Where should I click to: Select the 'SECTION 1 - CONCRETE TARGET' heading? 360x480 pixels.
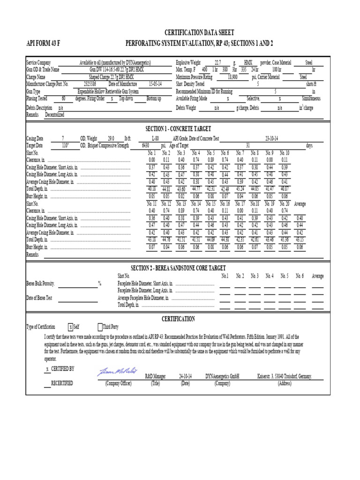(179, 128)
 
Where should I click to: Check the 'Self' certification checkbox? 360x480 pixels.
(70, 327)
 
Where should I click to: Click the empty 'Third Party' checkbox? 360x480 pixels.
(100, 327)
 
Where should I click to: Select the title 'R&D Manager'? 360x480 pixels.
(156, 376)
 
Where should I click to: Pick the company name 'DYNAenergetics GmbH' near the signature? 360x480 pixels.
(222, 376)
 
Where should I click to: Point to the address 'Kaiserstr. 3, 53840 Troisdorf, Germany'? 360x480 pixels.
(284, 376)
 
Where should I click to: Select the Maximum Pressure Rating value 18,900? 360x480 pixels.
(232, 77)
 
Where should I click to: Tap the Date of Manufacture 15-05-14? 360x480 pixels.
(155, 84)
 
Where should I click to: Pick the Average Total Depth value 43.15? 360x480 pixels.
(300, 240)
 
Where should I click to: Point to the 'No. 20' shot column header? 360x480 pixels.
(285, 204)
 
